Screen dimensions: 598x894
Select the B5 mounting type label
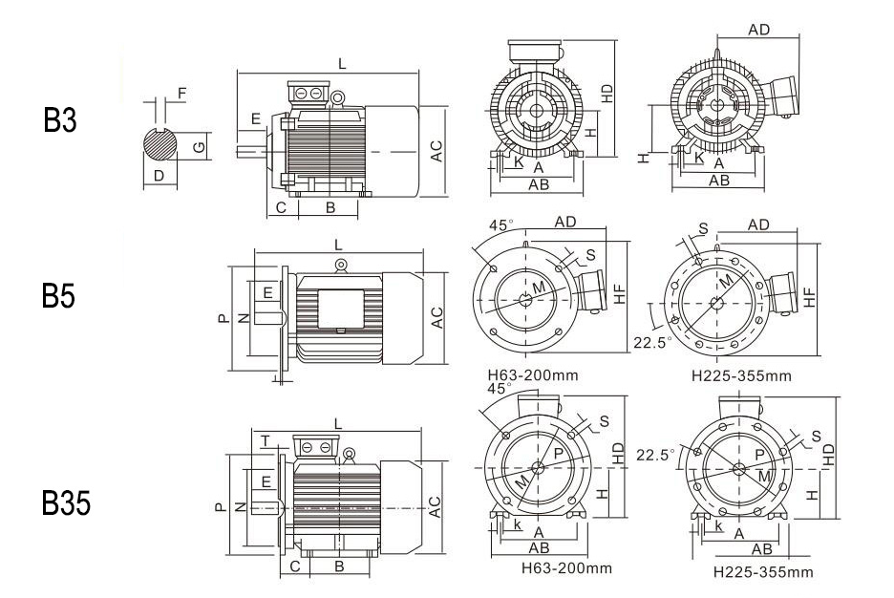click(59, 297)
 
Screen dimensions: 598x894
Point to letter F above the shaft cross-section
click(182, 94)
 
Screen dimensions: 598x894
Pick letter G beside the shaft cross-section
click(199, 146)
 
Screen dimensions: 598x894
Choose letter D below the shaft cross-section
click(159, 176)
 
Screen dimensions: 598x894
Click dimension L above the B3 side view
click(342, 63)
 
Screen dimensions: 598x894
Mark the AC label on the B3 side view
click(436, 150)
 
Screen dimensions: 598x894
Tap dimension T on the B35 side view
click(265, 438)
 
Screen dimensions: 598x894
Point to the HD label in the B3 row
click(607, 93)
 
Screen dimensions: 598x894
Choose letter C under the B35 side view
click(296, 566)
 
